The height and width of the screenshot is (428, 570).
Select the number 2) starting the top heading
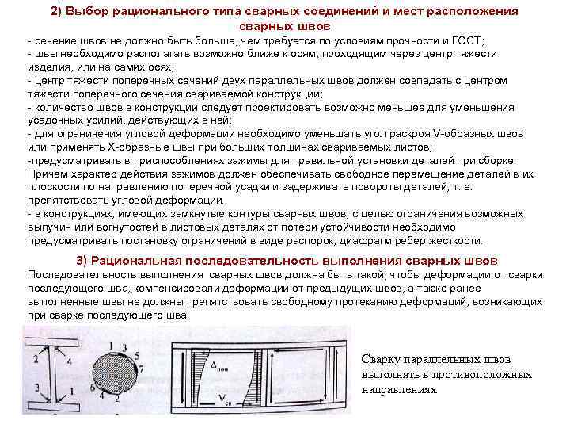click(x=60, y=11)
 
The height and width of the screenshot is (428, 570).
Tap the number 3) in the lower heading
click(x=82, y=260)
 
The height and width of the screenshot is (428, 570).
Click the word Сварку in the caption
click(x=381, y=358)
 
